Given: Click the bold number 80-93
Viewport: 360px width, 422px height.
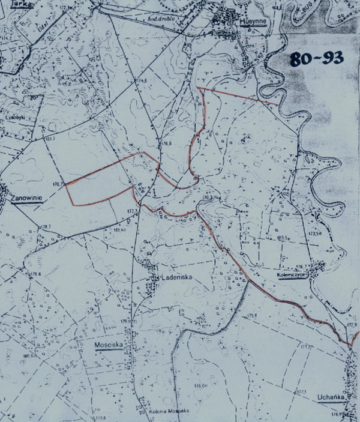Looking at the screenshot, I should [x=316, y=59].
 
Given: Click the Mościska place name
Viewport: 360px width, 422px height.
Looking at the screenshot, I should [x=109, y=346].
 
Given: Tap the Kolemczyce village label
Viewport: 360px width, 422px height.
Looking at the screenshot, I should [x=292, y=271].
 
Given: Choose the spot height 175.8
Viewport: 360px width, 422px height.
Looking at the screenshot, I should [x=250, y=316].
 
